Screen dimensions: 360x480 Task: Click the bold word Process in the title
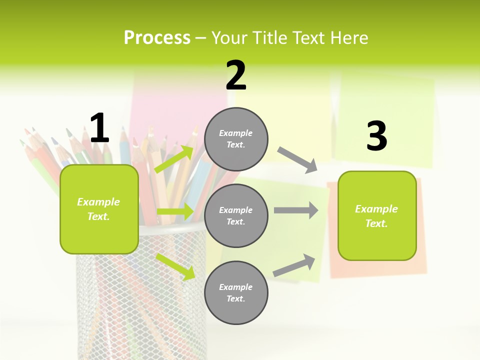pyautogui.click(x=157, y=37)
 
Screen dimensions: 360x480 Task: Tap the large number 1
pyautogui.click(x=99, y=128)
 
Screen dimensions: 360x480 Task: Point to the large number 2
pyautogui.click(x=236, y=75)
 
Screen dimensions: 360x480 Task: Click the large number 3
pyautogui.click(x=376, y=136)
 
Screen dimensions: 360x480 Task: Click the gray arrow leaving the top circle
pyautogui.click(x=297, y=159)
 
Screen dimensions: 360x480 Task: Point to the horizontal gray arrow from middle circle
pyautogui.click(x=296, y=210)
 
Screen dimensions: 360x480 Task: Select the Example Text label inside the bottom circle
pyautogui.click(x=236, y=293)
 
